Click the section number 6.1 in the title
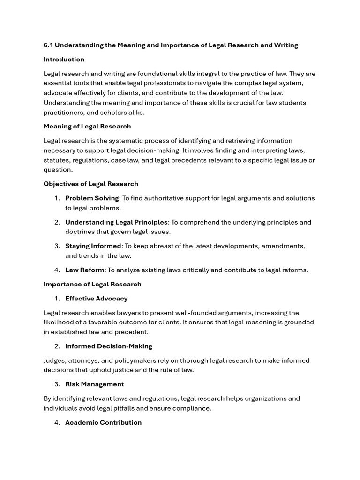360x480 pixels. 49,45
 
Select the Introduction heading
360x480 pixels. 64,60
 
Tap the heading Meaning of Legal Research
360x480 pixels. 87,126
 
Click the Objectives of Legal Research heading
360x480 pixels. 91,184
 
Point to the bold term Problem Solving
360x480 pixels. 92,198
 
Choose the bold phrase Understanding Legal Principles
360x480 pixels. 116,222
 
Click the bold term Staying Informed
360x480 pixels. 93,246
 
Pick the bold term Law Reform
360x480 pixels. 85,270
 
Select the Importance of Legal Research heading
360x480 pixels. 92,284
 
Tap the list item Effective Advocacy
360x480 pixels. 96,299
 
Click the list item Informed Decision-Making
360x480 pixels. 109,346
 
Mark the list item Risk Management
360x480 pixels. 94,384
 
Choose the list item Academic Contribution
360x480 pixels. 103,422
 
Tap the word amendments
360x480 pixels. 284,246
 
